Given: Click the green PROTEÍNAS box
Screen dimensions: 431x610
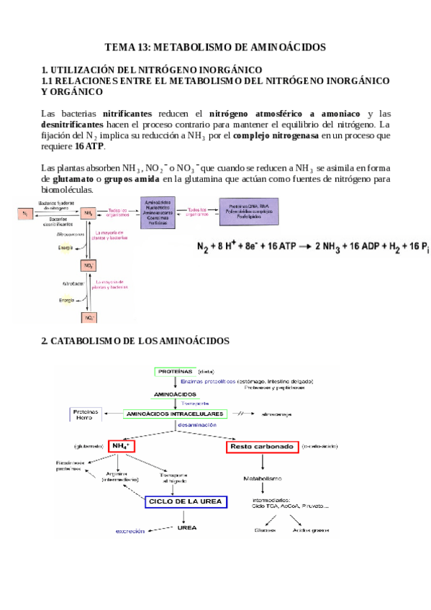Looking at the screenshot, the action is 176,371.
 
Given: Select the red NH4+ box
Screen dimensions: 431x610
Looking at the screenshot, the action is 122,447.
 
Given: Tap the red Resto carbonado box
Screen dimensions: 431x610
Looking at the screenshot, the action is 262,447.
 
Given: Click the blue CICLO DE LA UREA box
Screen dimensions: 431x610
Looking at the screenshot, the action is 186,501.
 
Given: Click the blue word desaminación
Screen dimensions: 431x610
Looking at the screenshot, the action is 196,425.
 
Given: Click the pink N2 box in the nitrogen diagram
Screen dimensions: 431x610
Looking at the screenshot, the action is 26,213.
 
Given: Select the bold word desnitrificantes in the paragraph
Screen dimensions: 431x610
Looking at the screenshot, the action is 72,124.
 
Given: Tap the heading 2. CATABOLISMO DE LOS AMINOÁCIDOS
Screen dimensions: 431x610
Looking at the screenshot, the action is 135,340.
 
